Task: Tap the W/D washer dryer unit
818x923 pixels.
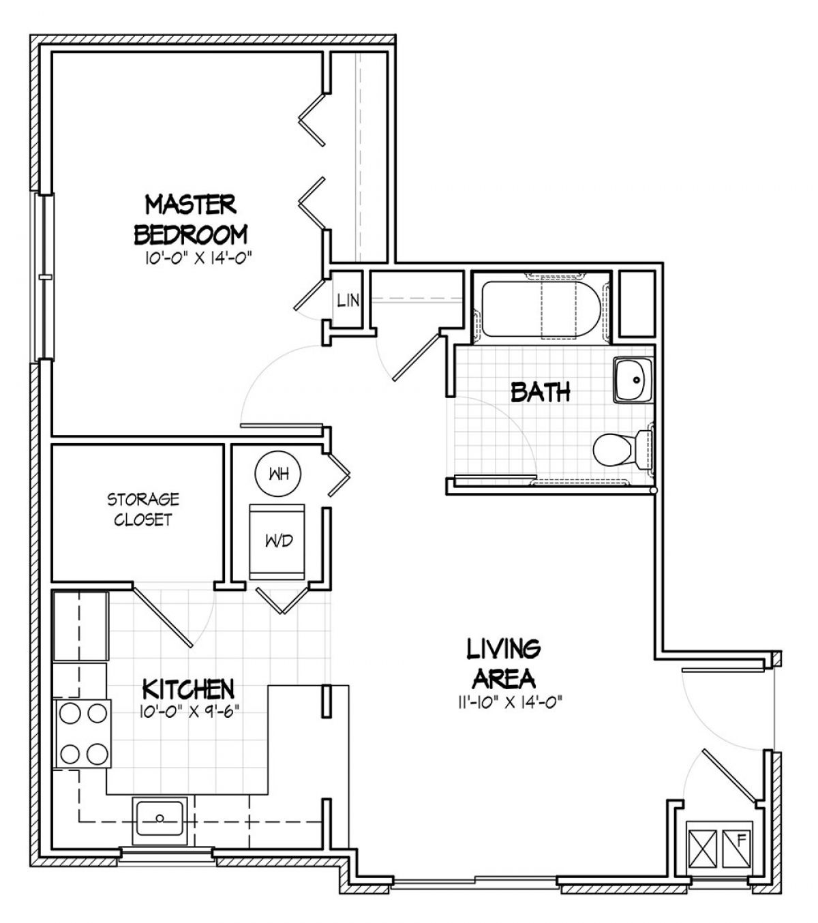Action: [x=277, y=541]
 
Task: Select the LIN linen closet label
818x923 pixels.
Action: [x=348, y=300]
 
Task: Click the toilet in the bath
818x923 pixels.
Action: [x=622, y=449]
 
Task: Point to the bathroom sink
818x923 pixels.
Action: [x=633, y=380]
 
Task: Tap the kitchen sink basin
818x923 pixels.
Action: [x=160, y=817]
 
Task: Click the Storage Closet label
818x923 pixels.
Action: [x=143, y=509]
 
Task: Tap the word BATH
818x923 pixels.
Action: [x=541, y=392]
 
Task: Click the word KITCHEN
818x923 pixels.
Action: [x=188, y=689]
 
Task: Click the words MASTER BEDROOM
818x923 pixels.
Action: [x=191, y=220]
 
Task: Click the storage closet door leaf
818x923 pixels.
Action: [x=163, y=616]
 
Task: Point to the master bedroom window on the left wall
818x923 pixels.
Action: [x=44, y=277]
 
